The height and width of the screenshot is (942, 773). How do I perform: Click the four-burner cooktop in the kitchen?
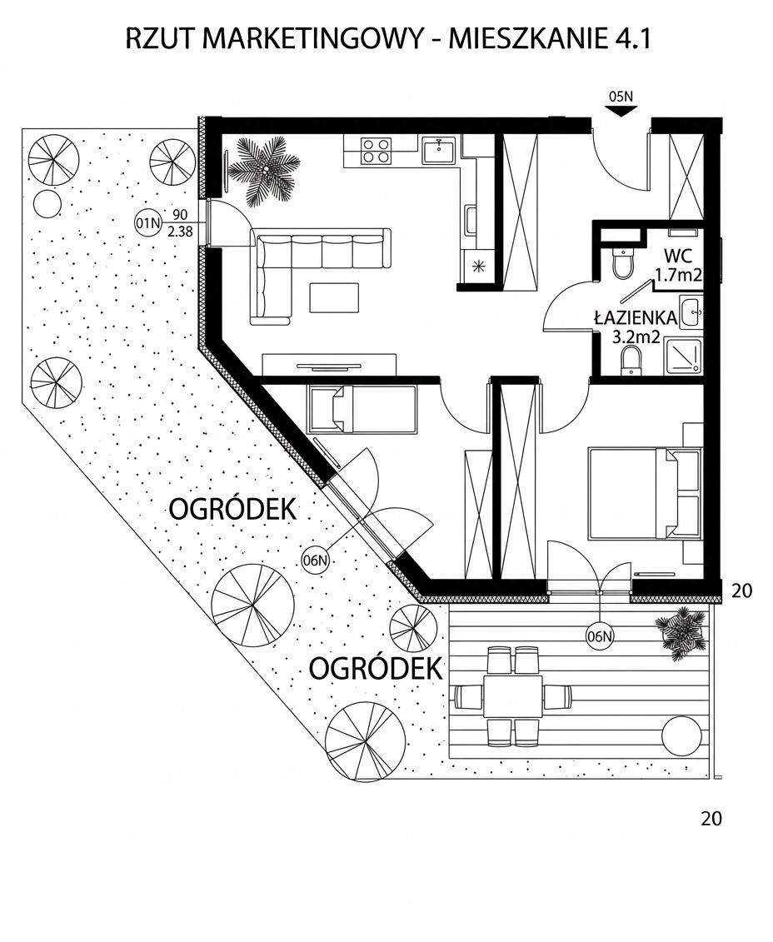tap(376, 150)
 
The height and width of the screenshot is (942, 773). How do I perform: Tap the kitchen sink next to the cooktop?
tap(441, 150)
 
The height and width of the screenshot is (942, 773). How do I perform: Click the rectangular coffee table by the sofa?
tap(334, 297)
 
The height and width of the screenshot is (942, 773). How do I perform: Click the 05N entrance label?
tap(621, 96)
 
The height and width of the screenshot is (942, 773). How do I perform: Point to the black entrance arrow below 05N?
tap(621, 111)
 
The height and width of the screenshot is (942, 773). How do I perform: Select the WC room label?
tap(679, 256)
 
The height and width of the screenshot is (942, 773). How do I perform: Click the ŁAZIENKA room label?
tap(636, 318)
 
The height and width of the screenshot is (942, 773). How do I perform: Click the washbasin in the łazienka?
tap(691, 312)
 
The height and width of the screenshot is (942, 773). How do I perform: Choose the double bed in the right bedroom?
tap(645, 492)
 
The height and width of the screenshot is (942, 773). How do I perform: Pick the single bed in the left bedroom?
tap(362, 409)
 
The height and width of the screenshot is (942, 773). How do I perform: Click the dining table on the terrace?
tap(513, 695)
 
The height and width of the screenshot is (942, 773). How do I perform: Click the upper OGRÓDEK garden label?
tap(233, 510)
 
